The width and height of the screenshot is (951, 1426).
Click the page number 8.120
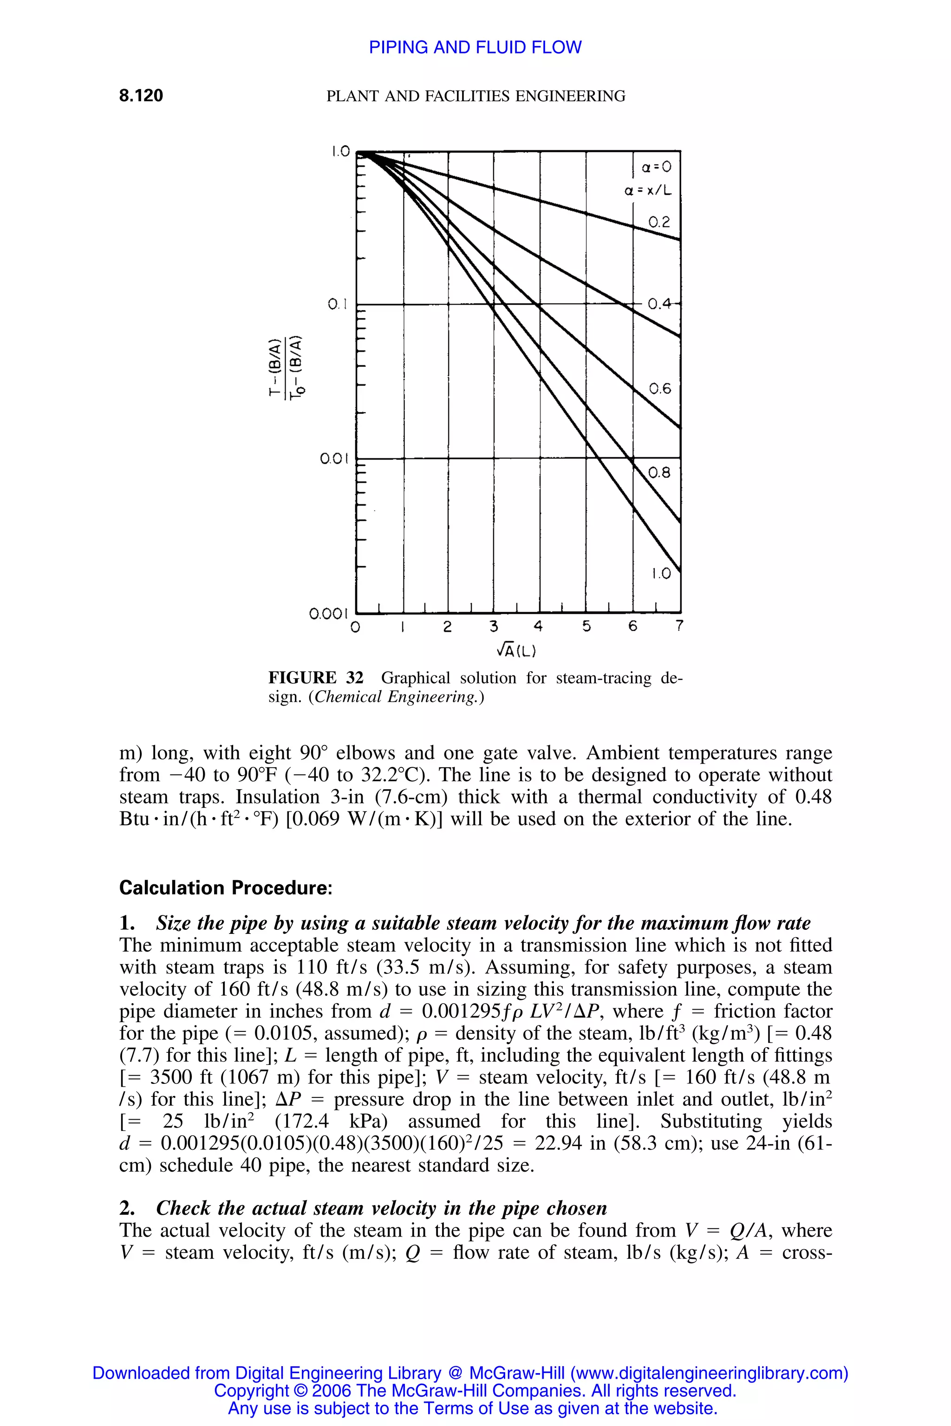(141, 96)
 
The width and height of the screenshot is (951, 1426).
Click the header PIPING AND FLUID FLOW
(475, 47)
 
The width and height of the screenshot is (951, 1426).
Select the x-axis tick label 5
(586, 626)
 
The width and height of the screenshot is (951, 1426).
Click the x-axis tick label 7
(679, 626)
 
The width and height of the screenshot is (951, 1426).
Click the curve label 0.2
(659, 222)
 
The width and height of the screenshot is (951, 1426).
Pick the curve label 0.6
(660, 389)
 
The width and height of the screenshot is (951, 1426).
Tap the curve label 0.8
(659, 472)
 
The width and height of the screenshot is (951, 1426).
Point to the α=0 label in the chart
(657, 167)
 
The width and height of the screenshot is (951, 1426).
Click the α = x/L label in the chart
(648, 191)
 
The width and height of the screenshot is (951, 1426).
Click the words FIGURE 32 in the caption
(315, 678)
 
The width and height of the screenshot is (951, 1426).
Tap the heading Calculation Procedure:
(226, 888)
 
